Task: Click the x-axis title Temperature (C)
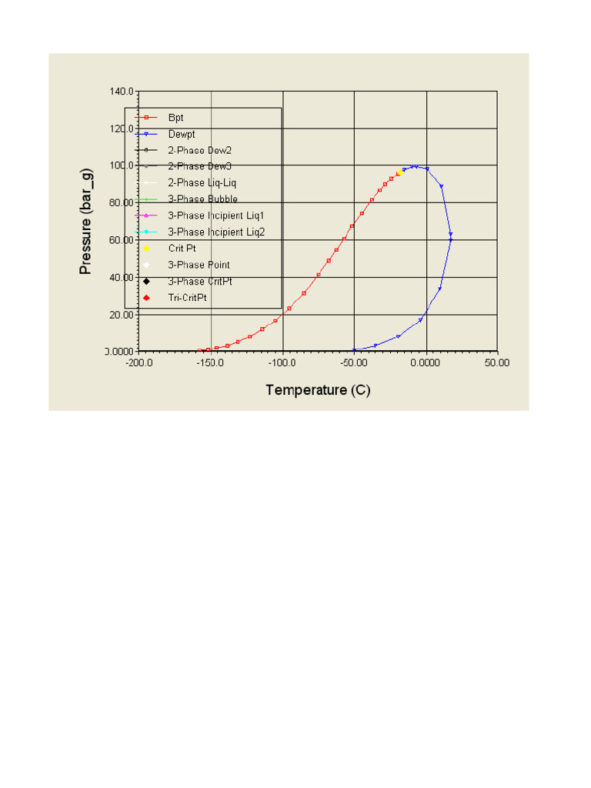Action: pos(318,390)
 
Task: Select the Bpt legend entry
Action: pos(176,118)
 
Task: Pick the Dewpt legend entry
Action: pos(182,134)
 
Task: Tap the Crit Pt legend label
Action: pos(182,249)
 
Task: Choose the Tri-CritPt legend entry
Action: pos(187,297)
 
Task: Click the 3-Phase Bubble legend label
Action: pos(202,199)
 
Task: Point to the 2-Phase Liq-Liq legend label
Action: pos(202,183)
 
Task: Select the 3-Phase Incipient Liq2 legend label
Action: pos(215,232)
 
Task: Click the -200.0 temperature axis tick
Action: pos(139,362)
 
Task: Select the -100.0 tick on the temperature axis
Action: pos(282,362)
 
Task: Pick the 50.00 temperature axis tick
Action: pos(497,362)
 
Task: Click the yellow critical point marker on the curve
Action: pos(399,173)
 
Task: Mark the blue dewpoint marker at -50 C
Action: pos(354,350)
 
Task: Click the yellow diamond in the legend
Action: pos(146,249)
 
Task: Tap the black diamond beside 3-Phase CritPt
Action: pos(146,281)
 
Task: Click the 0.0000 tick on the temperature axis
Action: pos(426,362)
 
